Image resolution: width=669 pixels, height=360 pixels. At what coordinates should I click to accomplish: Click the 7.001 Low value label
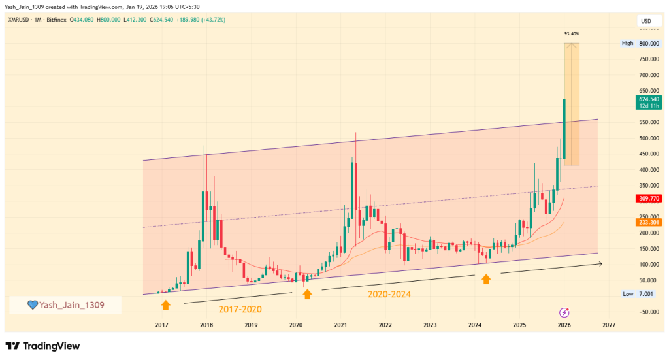click(x=646, y=294)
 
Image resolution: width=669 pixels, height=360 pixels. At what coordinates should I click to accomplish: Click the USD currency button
click(x=645, y=22)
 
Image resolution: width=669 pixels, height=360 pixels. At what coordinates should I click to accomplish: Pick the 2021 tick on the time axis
click(x=340, y=325)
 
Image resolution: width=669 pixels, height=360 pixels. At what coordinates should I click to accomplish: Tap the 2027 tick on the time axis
click(x=609, y=325)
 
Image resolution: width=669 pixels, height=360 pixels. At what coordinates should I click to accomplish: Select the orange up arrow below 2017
click(x=165, y=304)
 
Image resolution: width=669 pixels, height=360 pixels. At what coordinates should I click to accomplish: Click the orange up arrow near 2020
click(x=307, y=294)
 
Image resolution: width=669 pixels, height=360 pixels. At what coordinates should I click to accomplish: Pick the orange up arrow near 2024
click(x=486, y=279)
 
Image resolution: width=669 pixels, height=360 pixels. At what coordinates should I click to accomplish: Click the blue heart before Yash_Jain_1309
click(x=31, y=305)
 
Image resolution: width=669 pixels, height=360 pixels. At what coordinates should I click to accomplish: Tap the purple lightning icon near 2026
click(x=564, y=312)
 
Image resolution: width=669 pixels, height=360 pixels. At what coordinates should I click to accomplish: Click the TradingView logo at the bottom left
click(x=42, y=346)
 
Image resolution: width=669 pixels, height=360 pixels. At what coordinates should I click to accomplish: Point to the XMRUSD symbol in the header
click(x=19, y=19)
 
